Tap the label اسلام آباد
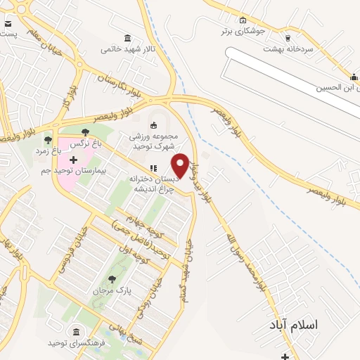[x=294, y=325]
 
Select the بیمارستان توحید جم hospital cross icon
[x=73, y=160]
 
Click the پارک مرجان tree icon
[x=112, y=280]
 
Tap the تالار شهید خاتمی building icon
[x=127, y=38]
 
